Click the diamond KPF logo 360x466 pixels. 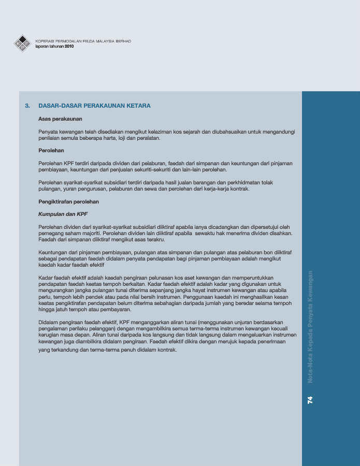[22, 43]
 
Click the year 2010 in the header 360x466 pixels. [70, 46]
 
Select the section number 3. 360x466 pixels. [27, 106]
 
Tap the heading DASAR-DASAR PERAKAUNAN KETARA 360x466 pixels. [94, 106]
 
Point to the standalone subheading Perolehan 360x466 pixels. [51, 150]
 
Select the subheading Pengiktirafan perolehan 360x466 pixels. [69, 201]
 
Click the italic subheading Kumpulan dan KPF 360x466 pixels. [63, 214]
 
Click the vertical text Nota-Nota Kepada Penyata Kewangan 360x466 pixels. [310, 326]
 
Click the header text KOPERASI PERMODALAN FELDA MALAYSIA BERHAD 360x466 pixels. [83, 41]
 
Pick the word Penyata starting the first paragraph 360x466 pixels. [49, 132]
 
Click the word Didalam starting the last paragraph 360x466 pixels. [49, 322]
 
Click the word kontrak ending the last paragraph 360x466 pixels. [168, 350]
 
